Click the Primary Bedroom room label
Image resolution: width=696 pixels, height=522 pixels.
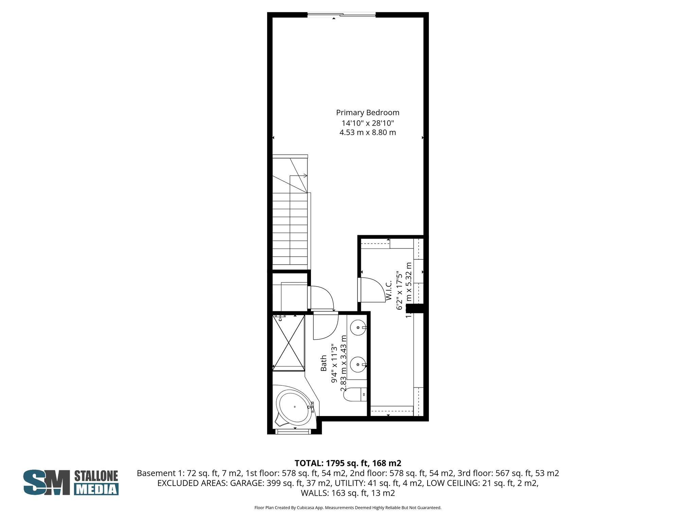pyautogui.click(x=367, y=112)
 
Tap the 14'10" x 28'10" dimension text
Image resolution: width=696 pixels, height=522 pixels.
pyautogui.click(x=367, y=123)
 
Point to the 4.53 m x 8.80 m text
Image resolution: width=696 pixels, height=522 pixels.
pyautogui.click(x=367, y=133)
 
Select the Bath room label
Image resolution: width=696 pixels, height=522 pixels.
pyautogui.click(x=324, y=363)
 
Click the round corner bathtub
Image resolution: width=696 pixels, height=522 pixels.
pyautogui.click(x=294, y=407)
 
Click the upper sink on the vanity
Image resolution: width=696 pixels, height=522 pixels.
pyautogui.click(x=358, y=328)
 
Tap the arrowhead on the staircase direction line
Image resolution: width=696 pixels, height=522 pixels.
pyautogui.click(x=306, y=176)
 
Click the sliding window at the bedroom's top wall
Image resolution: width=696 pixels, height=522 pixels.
pyautogui.click(x=341, y=15)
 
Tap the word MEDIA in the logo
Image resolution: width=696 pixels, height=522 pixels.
pyautogui.click(x=96, y=489)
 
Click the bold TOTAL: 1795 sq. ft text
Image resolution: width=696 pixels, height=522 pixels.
pyautogui.click(x=348, y=463)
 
